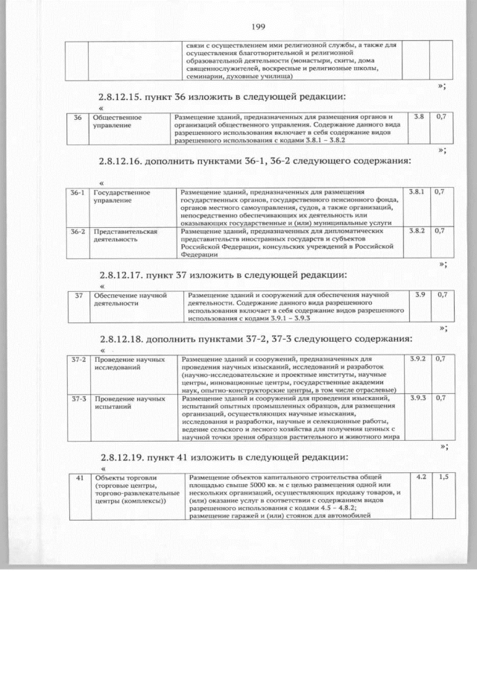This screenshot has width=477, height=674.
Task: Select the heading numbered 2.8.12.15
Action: pos(224,97)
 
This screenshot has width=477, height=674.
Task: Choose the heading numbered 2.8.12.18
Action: pos(254,339)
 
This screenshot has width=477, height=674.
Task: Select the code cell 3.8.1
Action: pos(417,192)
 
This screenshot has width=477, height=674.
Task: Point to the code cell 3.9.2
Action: pos(418,360)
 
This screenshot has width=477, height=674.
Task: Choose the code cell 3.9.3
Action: pos(418,398)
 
